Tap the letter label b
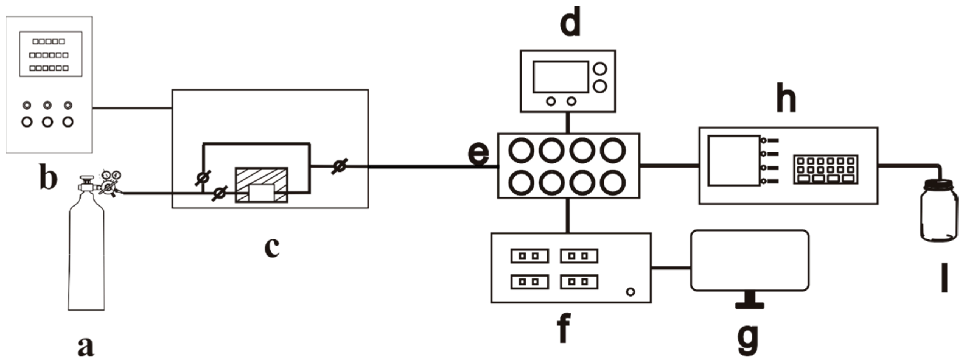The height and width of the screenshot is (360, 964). tap(49, 179)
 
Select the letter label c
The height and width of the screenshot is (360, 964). tap(272, 247)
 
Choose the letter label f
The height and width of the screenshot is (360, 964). tap(564, 328)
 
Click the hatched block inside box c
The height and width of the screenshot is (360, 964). tap(261, 185)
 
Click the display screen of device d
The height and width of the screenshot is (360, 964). tap(561, 77)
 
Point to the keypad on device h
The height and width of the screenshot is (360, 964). tap(826, 169)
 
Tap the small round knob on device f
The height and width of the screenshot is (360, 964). tap(630, 292)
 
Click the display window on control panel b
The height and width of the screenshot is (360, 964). tap(51, 54)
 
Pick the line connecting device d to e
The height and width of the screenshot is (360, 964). tap(568, 122)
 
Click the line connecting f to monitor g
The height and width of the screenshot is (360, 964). tap(671, 267)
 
